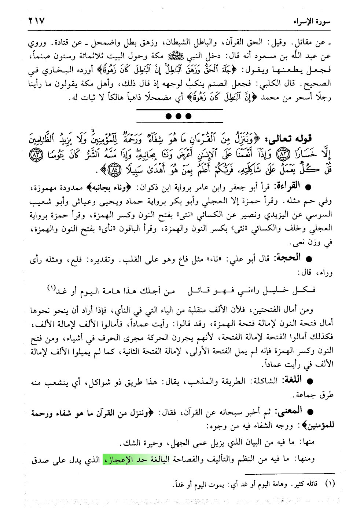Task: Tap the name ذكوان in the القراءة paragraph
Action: (150, 187)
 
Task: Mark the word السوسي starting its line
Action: (319, 212)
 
